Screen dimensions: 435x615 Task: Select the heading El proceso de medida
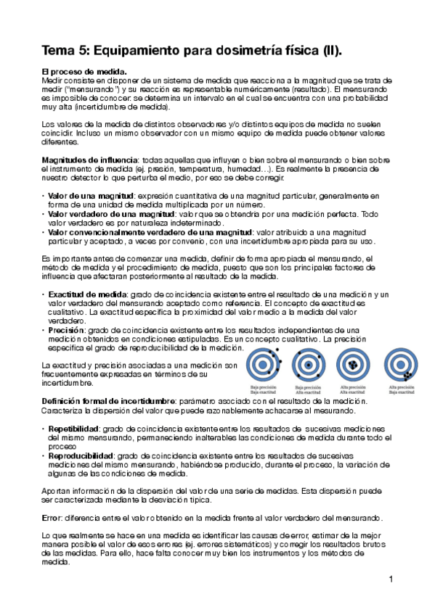[x=84, y=72]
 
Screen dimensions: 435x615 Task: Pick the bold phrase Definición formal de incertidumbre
[x=107, y=402]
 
